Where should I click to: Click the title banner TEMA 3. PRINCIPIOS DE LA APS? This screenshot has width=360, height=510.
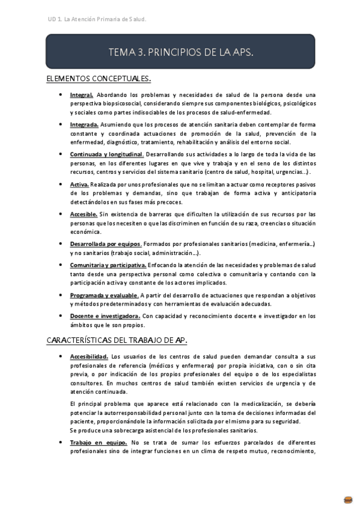tap(180, 52)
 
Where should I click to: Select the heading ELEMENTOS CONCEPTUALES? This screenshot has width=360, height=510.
tap(99, 79)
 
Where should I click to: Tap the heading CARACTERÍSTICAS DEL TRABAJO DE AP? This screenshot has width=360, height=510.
tap(117, 340)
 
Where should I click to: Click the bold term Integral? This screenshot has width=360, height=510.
tap(81, 95)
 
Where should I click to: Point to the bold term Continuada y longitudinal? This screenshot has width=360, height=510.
tap(106, 154)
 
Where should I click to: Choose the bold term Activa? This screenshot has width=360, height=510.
tap(79, 183)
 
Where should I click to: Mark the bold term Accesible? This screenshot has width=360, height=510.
tap(84, 214)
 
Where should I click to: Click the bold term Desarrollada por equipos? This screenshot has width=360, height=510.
tap(106, 244)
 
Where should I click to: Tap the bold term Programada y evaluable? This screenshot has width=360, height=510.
tap(104, 295)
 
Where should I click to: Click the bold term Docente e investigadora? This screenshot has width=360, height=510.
tap(105, 316)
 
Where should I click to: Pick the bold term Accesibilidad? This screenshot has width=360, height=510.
tap(89, 356)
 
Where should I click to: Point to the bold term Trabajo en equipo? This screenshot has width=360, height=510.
tap(98, 442)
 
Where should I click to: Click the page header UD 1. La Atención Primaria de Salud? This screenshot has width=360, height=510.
tap(96, 19)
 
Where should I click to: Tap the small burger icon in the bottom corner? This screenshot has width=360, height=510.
tap(348, 499)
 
